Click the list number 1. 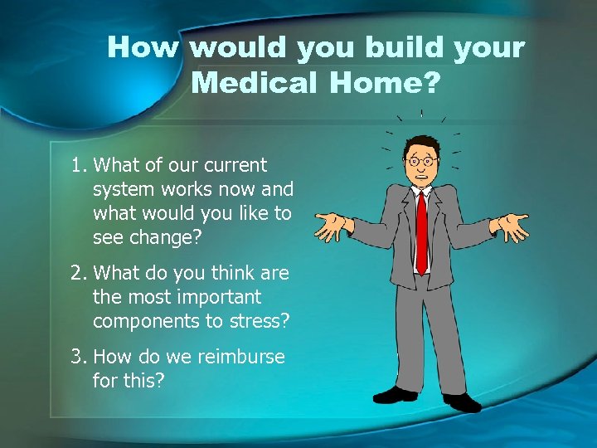(x=78, y=166)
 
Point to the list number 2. (x=78, y=274)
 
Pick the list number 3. (x=78, y=358)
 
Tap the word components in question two (x=148, y=321)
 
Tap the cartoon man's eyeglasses (x=421, y=160)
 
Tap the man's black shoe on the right (x=462, y=402)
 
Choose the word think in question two (x=211, y=274)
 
